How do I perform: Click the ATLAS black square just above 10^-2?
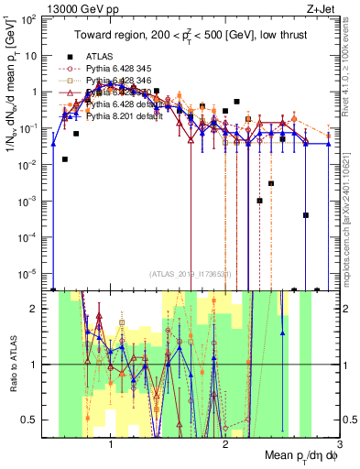click(x=64, y=158)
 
